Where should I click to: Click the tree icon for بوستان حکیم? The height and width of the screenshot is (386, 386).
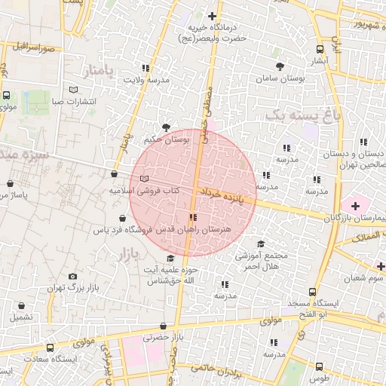click(166, 127)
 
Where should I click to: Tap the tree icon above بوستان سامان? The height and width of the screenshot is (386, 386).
click(280, 66)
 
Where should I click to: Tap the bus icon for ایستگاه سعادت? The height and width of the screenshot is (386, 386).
click(51, 348)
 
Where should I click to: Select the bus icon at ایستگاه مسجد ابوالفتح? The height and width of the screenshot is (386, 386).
click(312, 292)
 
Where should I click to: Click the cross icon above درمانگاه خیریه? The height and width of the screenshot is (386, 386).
click(212, 16)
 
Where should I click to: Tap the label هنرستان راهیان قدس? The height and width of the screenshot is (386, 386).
click(197, 228)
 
